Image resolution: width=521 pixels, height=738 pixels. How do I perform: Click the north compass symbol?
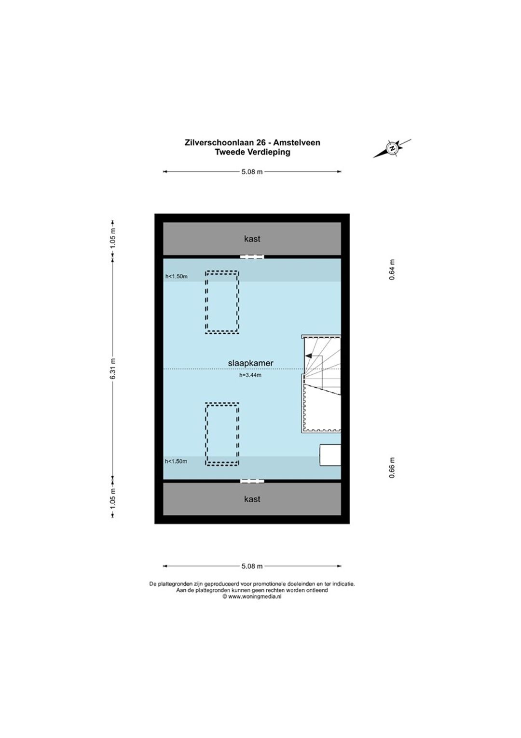click(x=392, y=148)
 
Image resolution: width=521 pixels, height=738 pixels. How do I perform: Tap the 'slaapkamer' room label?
click(x=250, y=363)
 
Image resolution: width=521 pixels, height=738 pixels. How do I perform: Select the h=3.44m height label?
click(x=250, y=375)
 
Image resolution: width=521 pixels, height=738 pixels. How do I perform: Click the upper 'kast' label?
click(x=252, y=239)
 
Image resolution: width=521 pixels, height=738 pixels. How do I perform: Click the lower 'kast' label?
click(x=252, y=499)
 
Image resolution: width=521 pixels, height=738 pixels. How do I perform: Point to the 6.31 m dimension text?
click(x=112, y=369)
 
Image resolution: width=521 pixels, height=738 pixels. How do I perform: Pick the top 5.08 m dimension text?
click(x=252, y=171)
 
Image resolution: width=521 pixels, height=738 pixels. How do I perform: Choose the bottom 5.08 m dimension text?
click(x=252, y=566)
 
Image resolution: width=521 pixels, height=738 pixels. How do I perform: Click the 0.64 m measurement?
click(x=392, y=270)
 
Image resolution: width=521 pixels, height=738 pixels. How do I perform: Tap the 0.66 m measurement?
click(x=392, y=468)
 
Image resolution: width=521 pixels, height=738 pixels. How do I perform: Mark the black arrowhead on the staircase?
click(x=309, y=356)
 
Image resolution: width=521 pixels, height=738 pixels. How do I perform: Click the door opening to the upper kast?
click(x=252, y=257)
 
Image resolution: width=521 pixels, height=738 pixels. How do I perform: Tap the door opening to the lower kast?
click(x=252, y=481)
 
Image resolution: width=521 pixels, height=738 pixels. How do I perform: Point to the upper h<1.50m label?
click(x=177, y=276)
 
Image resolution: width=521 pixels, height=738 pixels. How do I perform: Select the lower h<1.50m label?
click(x=176, y=461)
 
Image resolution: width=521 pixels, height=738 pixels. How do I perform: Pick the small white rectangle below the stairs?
click(x=330, y=455)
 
